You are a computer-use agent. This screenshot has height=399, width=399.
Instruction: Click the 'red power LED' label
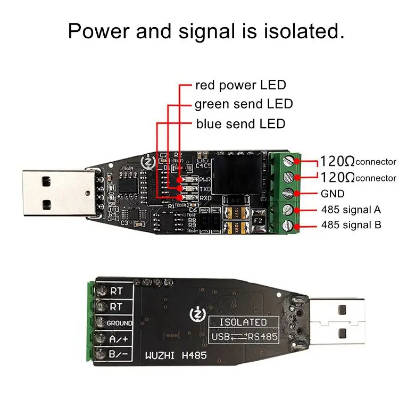click(x=240, y=85)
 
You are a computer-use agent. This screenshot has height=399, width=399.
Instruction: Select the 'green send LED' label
click(x=244, y=104)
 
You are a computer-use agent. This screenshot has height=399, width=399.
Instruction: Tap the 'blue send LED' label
click(x=240, y=124)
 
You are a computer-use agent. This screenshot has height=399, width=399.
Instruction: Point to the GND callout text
click(x=332, y=194)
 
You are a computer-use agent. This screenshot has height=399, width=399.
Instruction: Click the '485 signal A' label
click(x=352, y=209)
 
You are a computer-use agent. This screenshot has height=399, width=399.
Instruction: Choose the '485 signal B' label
click(x=352, y=225)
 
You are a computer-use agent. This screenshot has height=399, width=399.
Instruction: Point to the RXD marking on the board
click(x=190, y=198)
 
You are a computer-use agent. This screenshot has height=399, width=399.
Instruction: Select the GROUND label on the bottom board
click(x=120, y=323)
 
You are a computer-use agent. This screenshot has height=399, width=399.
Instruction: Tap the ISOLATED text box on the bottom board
click(x=245, y=322)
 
